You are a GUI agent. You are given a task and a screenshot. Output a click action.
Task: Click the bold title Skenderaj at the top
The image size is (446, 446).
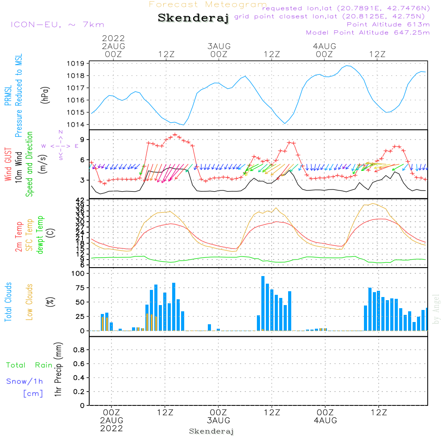[x=193, y=18]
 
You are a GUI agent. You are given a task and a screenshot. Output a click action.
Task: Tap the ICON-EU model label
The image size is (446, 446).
[x=57, y=25]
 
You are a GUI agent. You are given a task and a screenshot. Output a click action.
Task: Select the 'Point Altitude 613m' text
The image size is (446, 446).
[x=388, y=24]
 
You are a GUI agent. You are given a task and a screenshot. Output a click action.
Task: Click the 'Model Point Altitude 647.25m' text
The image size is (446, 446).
[x=368, y=33]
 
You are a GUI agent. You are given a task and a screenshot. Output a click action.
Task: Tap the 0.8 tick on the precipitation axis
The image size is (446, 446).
[x=79, y=350]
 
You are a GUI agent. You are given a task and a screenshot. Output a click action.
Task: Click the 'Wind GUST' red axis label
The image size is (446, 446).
[x=8, y=165]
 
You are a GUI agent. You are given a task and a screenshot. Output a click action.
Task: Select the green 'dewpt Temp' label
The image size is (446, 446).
[x=41, y=235]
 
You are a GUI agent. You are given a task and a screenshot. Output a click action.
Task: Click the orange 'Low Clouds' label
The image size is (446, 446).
[x=29, y=302]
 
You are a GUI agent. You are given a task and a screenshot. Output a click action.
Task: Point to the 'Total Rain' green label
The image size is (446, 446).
[x=29, y=365]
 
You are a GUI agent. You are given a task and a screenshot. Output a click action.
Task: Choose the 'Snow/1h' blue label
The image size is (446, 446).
[x=25, y=381]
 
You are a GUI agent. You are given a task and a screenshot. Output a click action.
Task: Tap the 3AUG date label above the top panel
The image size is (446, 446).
[x=219, y=46]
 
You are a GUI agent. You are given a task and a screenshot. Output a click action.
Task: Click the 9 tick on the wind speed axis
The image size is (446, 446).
[x=82, y=140]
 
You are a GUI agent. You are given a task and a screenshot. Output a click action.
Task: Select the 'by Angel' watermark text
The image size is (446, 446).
[x=436, y=309]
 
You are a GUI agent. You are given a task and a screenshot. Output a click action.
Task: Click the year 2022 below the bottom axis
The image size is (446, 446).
[x=111, y=429]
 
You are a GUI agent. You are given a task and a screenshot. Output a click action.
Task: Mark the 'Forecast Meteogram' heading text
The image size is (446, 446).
[x=207, y=4]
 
